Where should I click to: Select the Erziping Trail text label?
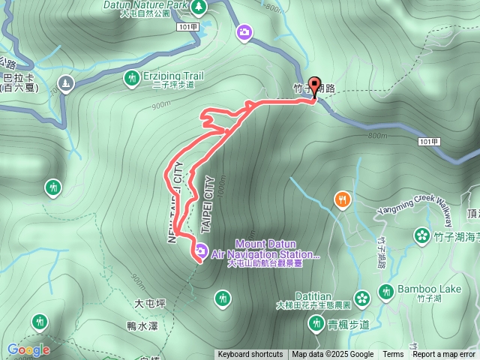click(172, 76)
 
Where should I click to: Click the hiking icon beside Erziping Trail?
click(132, 77)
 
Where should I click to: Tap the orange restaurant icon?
click(342, 199)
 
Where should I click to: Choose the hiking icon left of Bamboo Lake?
click(386, 291)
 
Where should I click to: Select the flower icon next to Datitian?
click(362, 298)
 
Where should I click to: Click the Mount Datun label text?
click(265, 244)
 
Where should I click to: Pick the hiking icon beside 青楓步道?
click(315, 324)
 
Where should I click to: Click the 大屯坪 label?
click(149, 304)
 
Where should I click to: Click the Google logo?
click(28, 349)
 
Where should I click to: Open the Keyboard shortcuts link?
click(250, 355)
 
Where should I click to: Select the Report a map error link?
click(444, 355)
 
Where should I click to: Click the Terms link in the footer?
click(393, 355)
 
